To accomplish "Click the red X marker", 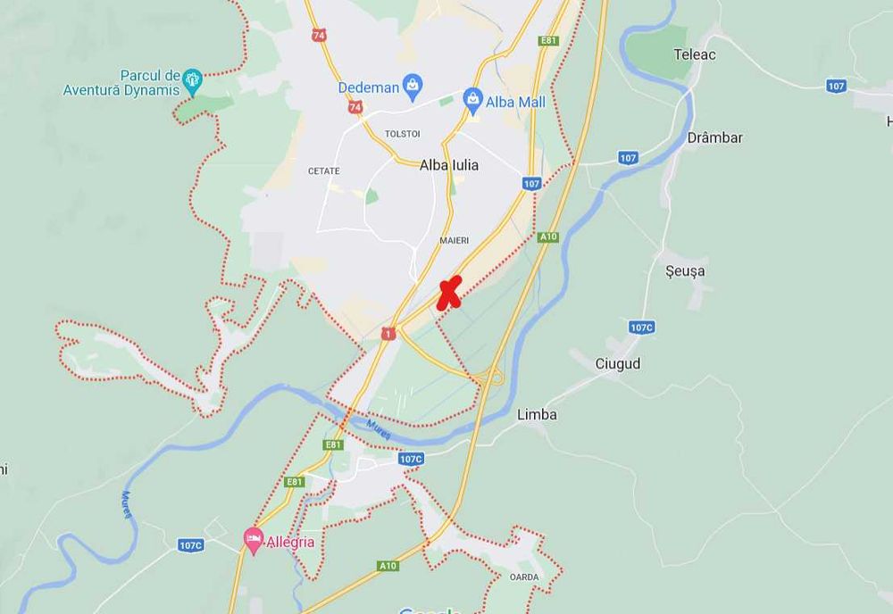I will point(449,292).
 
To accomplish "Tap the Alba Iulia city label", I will point(449,165).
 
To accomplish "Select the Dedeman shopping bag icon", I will point(413,85).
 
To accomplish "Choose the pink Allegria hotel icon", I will point(254,540).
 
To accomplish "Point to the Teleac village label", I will point(695,54).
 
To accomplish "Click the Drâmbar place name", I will point(715,137).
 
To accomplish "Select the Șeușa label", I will point(685,270).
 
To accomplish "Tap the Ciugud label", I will point(618,364).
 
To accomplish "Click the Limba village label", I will point(538,414).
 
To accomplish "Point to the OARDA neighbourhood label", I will point(524,577).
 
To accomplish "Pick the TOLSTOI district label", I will point(402,134).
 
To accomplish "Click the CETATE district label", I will point(324,170).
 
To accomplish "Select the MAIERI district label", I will point(454,241).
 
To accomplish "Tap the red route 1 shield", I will point(388,333).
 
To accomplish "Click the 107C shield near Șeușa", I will point(641,328).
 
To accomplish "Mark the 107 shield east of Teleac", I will point(836,86).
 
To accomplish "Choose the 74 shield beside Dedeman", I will point(355,107).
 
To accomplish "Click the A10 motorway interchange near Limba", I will point(490,378).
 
